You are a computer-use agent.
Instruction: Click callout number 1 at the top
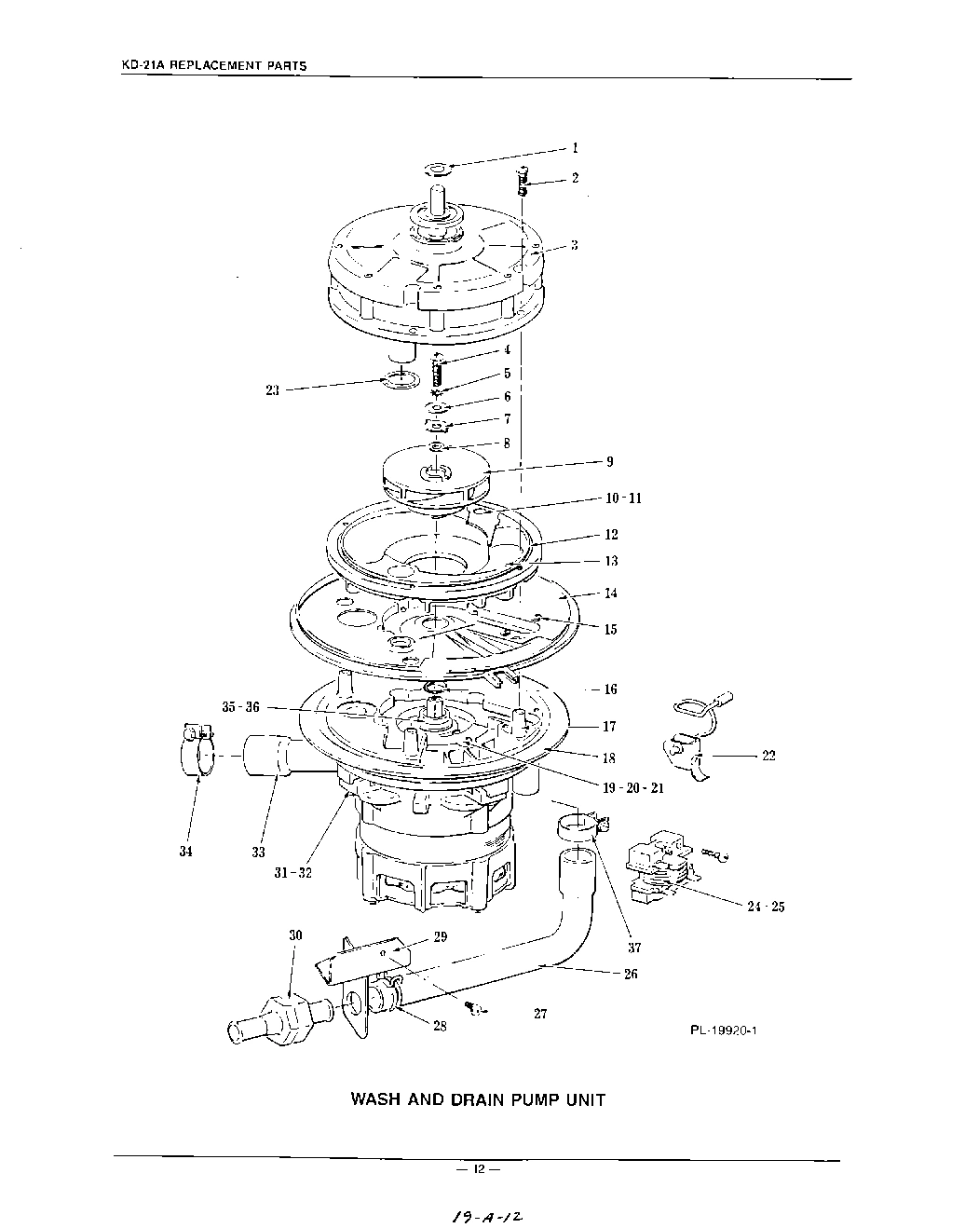click(x=575, y=147)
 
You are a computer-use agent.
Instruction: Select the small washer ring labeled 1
click(x=437, y=170)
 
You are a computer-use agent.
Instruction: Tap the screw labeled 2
click(x=522, y=179)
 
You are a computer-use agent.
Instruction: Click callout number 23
click(x=274, y=390)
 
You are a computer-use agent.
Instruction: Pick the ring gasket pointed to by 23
click(x=400, y=380)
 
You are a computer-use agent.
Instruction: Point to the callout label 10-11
click(x=623, y=498)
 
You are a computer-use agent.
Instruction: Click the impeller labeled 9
click(x=436, y=475)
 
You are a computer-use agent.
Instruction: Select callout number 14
click(x=610, y=594)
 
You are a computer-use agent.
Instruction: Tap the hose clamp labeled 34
click(x=197, y=749)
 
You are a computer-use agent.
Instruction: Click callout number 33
click(x=258, y=852)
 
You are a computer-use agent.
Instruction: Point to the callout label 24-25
click(x=765, y=906)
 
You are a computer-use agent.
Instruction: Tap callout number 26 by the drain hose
click(x=631, y=974)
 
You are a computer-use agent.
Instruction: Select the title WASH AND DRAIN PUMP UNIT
click(x=477, y=1099)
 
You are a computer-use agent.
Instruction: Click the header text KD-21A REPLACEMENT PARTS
click(x=214, y=67)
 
